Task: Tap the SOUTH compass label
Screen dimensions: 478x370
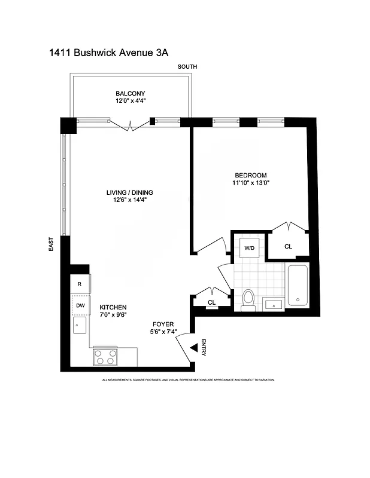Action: tap(187, 67)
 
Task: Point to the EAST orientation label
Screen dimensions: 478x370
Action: tap(52, 244)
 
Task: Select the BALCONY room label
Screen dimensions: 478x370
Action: tap(131, 93)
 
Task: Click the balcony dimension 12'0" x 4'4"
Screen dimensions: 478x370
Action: tap(131, 101)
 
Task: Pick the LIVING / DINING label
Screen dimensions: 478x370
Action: tap(130, 192)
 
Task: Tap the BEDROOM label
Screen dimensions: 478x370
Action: tap(250, 175)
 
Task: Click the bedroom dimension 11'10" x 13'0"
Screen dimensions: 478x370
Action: tap(251, 183)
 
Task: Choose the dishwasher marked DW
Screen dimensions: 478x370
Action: tap(80, 305)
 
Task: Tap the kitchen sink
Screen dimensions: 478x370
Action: tap(79, 326)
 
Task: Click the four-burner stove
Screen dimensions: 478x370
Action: tap(105, 357)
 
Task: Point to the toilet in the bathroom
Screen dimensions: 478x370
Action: tap(249, 298)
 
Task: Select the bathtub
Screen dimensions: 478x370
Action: tap(298, 286)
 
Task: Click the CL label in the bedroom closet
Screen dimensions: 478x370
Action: tap(288, 246)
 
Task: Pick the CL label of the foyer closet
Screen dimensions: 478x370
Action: tap(211, 302)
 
